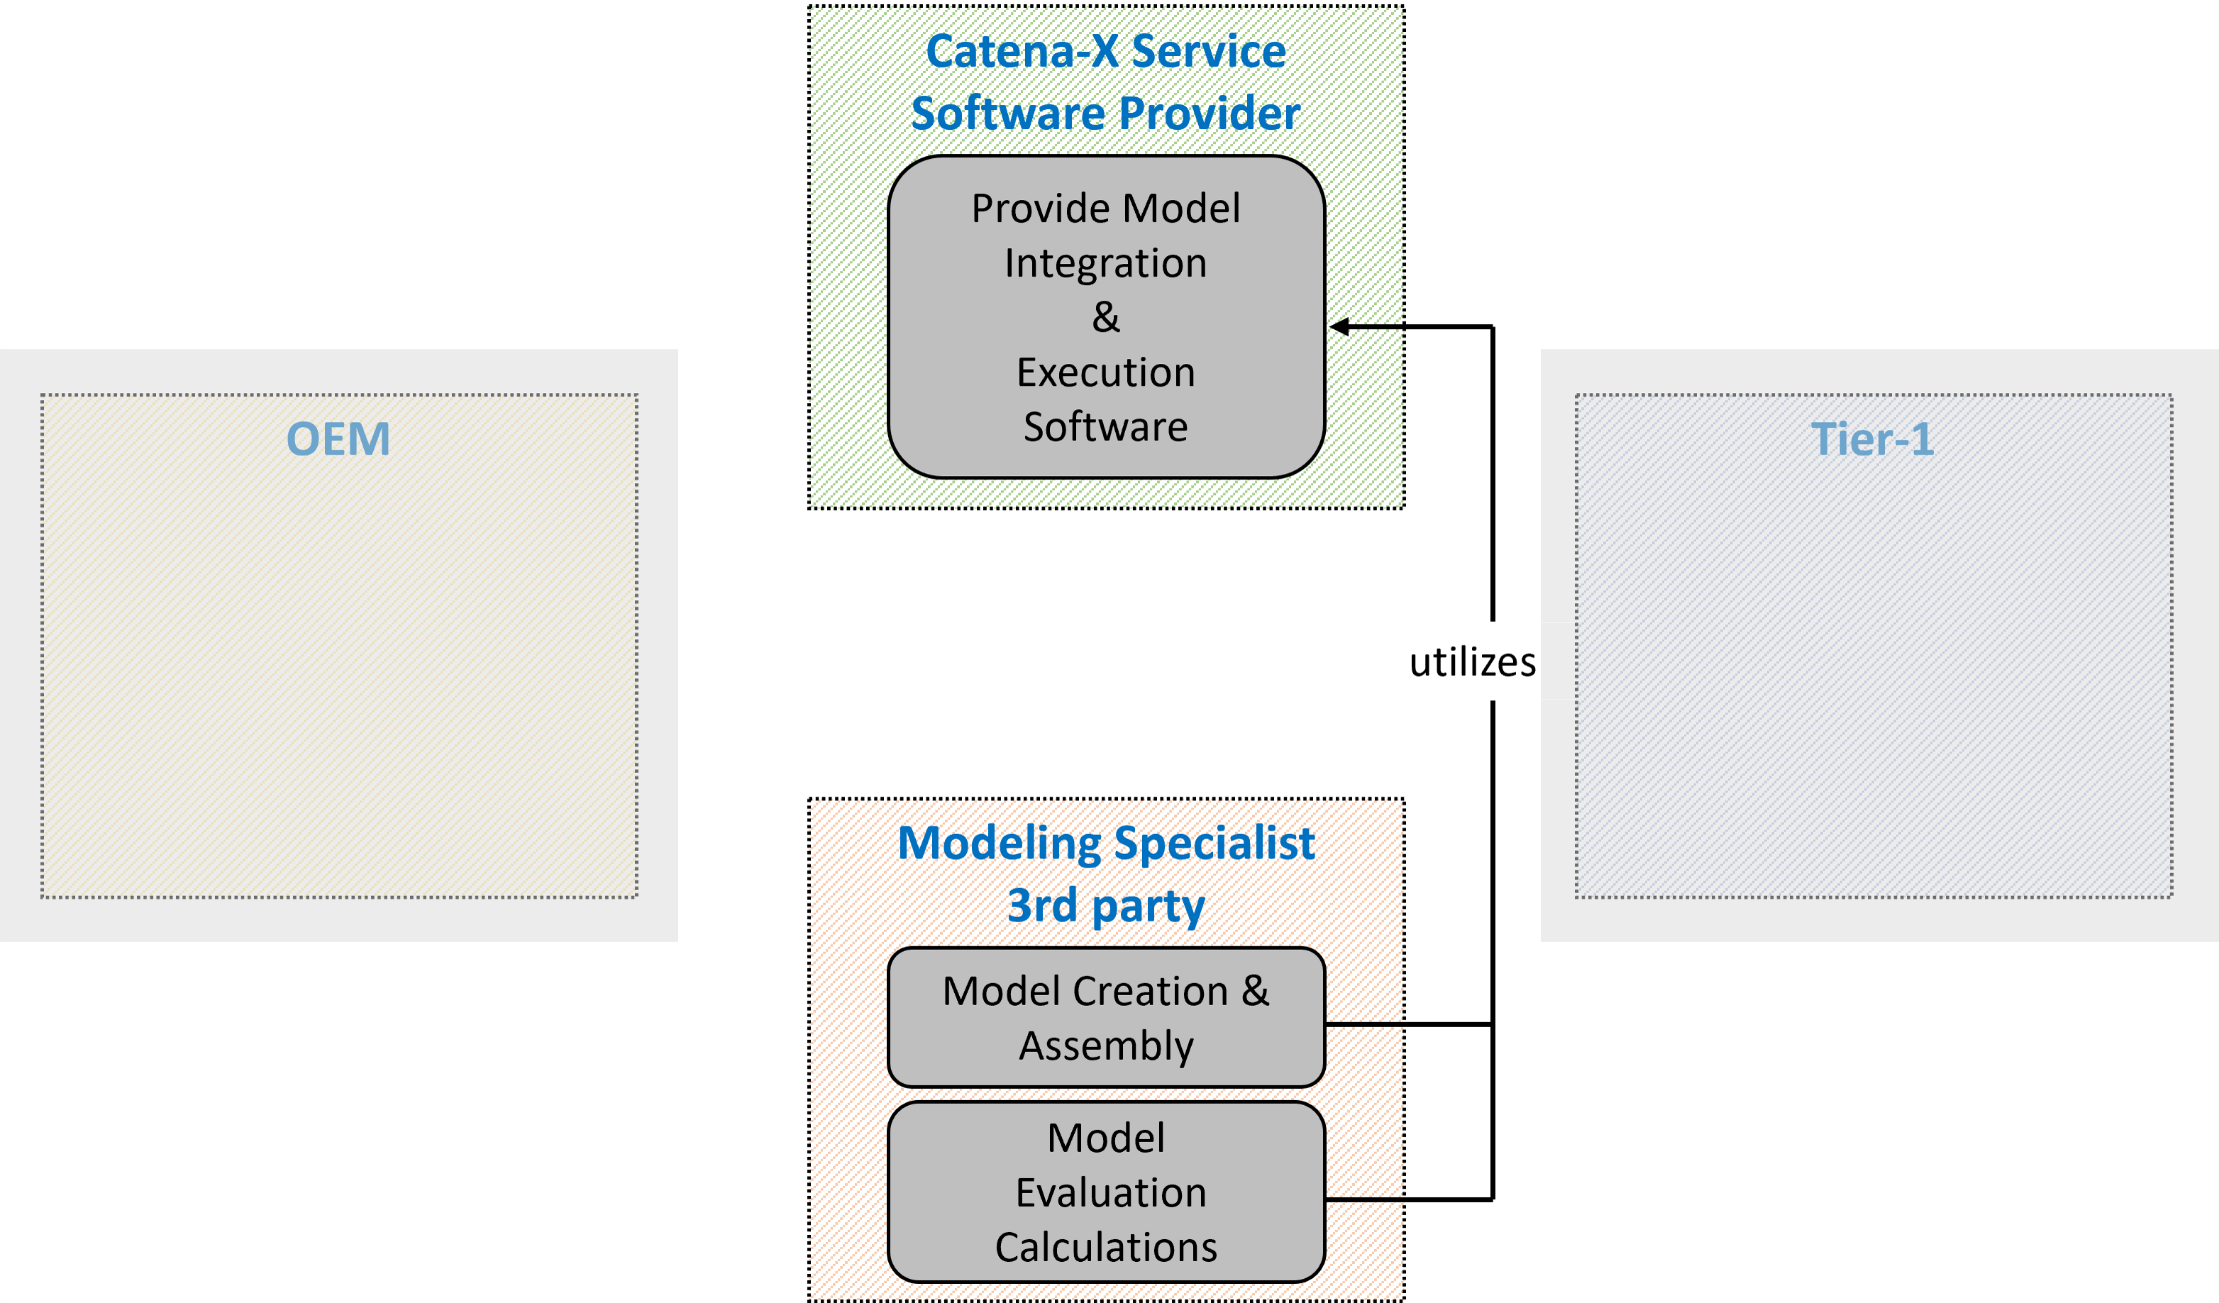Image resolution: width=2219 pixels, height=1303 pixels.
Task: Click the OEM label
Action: point(338,439)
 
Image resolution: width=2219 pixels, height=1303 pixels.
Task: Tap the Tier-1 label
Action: point(1872,439)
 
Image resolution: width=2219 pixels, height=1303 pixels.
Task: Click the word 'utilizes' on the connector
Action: point(1472,662)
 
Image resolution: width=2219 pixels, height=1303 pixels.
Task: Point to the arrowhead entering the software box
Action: point(1339,326)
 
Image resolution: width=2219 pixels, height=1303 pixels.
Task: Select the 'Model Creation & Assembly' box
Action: point(1106,1018)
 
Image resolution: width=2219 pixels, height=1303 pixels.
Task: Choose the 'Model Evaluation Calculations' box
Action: point(1106,1192)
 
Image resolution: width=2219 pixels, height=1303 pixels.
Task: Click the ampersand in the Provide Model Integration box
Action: point(1106,318)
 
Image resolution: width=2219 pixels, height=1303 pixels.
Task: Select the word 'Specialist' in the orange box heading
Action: point(1214,843)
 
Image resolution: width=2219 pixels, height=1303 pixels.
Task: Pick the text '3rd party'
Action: point(1106,905)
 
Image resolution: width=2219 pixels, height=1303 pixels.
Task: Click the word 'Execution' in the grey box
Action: point(1106,372)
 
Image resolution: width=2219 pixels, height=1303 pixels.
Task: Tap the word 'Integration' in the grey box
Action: point(1106,263)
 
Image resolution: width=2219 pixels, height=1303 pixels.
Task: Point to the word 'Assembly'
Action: point(1106,1046)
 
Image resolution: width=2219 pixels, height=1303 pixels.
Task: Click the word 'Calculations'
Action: point(1106,1247)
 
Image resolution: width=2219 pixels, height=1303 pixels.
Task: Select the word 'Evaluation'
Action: point(1110,1192)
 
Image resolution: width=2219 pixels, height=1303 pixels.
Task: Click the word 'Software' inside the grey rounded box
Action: point(1106,427)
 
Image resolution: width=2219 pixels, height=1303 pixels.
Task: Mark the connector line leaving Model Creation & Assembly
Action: point(1409,1025)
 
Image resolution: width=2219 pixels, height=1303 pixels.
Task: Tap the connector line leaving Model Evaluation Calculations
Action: point(1409,1199)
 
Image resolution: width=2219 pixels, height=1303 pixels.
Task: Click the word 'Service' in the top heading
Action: point(1208,51)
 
